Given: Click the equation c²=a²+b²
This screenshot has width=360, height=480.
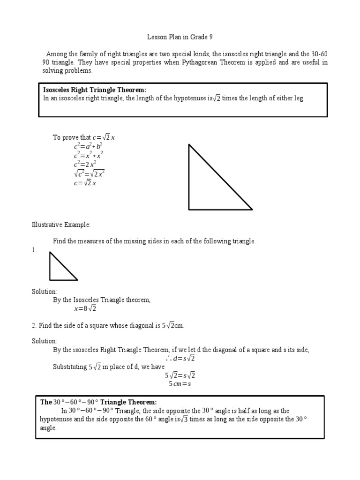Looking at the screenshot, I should pos(88,147).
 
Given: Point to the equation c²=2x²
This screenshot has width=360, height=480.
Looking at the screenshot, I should pos(85,165).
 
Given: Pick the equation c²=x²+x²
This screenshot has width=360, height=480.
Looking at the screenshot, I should pos(88,156).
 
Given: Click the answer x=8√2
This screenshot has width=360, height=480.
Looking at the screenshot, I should pos(85,309).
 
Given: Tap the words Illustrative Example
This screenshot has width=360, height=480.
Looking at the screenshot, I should pos(60,225).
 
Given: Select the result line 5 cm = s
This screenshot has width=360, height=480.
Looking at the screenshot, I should pos(180,384).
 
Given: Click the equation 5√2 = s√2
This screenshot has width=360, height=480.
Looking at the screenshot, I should pos(180,375).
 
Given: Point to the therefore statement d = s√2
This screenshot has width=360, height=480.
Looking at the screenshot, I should pos(180,359).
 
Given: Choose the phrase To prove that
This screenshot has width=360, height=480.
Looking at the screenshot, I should pos(72,137).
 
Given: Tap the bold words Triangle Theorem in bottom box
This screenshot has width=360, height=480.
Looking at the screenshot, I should pos(128,402).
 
